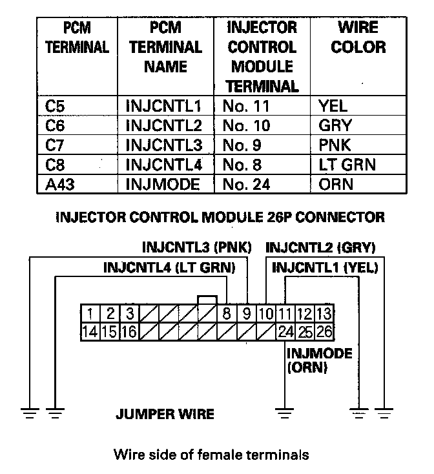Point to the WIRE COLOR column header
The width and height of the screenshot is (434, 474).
tap(358, 37)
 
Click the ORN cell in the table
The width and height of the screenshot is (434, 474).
tap(336, 184)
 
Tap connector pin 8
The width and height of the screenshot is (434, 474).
tap(227, 314)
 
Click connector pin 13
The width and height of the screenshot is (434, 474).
tap(325, 314)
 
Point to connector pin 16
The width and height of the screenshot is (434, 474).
tap(129, 333)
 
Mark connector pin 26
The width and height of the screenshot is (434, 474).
tap(325, 333)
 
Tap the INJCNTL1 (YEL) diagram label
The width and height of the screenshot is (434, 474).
tap(325, 267)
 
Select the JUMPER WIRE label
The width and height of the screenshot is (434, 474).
tap(165, 414)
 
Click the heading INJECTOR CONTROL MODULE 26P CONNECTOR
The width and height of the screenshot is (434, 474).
tap(220, 217)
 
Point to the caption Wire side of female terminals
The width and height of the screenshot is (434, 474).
tap(211, 455)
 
